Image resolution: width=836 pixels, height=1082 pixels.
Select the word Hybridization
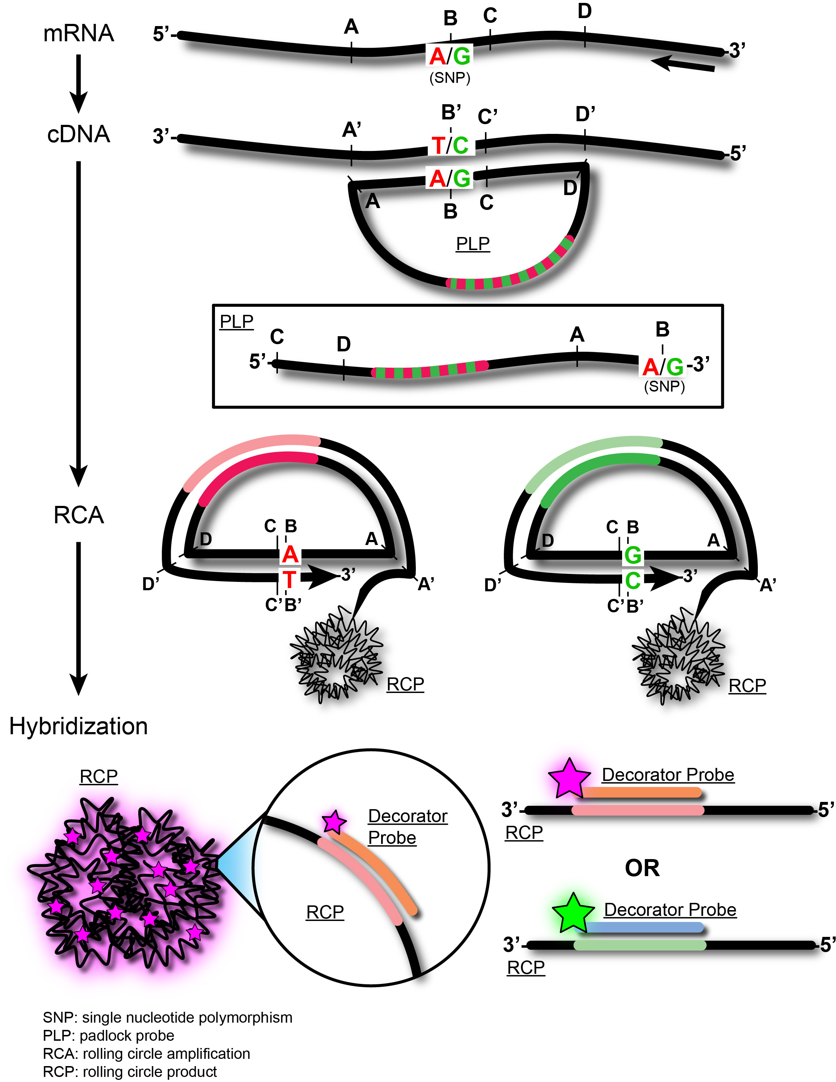(78, 726)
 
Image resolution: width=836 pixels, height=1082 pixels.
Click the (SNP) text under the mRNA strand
(449, 78)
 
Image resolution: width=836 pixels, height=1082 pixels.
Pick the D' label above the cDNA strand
(585, 114)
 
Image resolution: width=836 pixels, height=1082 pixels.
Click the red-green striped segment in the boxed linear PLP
(430, 369)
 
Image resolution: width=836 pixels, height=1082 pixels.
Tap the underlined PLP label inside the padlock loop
(473, 244)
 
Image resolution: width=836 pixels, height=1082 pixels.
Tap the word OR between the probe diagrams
(642, 868)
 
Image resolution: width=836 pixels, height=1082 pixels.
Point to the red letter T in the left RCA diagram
(290, 579)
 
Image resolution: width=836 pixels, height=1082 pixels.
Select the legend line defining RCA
(146, 1053)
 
